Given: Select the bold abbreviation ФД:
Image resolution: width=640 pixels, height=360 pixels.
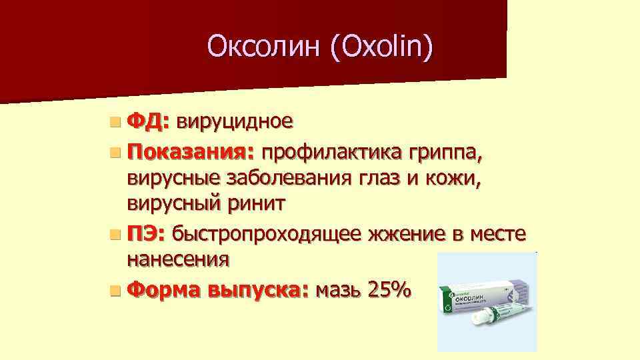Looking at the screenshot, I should point(149,121).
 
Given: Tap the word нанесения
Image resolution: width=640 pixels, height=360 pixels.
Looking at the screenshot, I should point(178,259).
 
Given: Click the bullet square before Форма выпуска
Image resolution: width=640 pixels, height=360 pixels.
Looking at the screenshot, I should point(117,291).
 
